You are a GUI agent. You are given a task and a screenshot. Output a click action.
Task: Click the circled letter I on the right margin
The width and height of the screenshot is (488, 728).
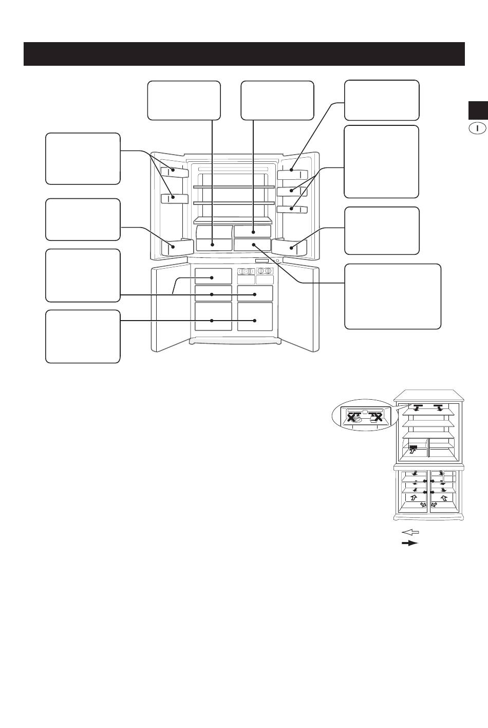[478, 128]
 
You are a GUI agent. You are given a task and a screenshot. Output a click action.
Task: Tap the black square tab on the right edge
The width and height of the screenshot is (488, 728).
[478, 110]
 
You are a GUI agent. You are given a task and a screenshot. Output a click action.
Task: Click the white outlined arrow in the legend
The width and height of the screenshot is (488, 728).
[410, 532]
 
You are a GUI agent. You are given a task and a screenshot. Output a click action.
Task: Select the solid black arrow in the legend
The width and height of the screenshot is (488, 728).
[410, 543]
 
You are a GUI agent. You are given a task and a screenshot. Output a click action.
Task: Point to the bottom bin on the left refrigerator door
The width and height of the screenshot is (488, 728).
[177, 247]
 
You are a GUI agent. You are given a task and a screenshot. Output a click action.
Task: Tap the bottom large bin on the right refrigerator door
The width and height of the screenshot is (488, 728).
[289, 248]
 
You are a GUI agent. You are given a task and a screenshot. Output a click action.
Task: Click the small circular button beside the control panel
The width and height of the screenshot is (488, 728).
[278, 261]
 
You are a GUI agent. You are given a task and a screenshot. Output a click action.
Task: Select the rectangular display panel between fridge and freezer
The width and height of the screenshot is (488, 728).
[261, 261]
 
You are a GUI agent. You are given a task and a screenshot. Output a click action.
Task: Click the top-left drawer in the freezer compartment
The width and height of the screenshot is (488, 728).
[213, 276]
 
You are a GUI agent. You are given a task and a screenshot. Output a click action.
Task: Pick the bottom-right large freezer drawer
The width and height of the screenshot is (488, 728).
[255, 316]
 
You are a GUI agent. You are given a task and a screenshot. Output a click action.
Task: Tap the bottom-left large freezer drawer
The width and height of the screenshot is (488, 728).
[213, 316]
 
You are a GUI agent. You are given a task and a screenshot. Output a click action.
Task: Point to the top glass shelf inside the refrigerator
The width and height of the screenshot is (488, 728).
[234, 187]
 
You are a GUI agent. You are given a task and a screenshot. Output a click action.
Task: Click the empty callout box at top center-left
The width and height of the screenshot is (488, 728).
[184, 100]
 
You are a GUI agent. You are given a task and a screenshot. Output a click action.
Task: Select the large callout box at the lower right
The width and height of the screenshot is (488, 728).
[393, 296]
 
